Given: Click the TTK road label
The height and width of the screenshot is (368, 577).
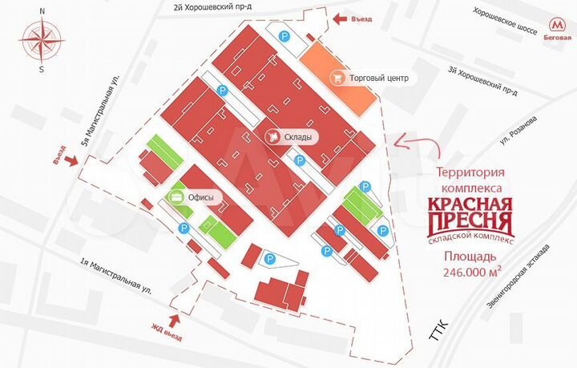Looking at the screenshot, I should click(436, 329).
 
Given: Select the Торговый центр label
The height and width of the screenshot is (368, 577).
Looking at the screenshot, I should click(380, 79).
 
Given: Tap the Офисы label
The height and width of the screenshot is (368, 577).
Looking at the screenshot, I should click(200, 196).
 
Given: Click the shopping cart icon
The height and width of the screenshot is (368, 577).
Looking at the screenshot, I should click(339, 79).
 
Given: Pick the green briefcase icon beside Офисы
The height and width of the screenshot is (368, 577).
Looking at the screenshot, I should click(174, 196).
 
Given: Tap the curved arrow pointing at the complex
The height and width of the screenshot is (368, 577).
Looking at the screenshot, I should click(416, 146).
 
